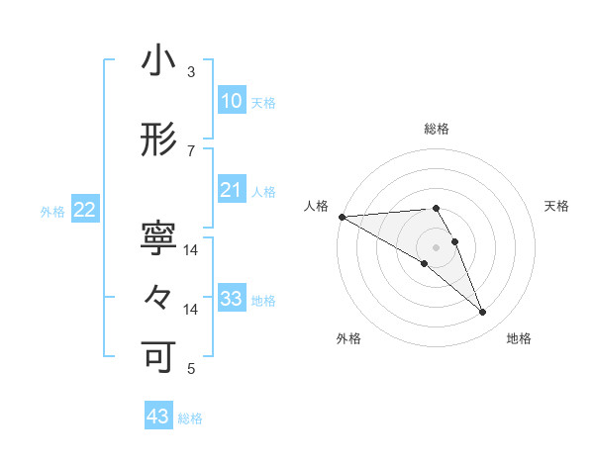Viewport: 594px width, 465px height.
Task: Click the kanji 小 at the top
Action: point(158,63)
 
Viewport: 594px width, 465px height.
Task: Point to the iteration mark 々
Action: point(158,296)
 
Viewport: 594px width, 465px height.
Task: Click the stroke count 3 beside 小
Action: point(191,72)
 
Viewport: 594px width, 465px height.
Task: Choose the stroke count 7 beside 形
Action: point(191,150)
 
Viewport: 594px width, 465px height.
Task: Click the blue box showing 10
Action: point(231,100)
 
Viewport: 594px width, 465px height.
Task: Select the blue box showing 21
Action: point(231,189)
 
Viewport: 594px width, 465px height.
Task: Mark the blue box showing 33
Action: point(231,298)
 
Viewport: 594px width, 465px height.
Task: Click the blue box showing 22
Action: point(85,209)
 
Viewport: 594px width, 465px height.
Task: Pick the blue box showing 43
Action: point(158,417)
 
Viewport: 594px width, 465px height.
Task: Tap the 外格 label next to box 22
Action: point(52,211)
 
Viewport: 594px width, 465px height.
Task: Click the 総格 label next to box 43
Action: point(190,418)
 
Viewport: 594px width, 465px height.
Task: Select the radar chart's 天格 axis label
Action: point(557,206)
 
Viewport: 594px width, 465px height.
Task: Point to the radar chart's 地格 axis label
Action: point(519,339)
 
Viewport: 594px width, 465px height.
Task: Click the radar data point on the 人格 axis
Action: point(342,216)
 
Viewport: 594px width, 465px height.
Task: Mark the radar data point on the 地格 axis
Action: point(483,312)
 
